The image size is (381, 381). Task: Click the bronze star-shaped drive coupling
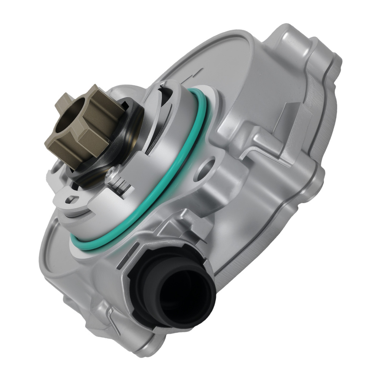click(x=90, y=126)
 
